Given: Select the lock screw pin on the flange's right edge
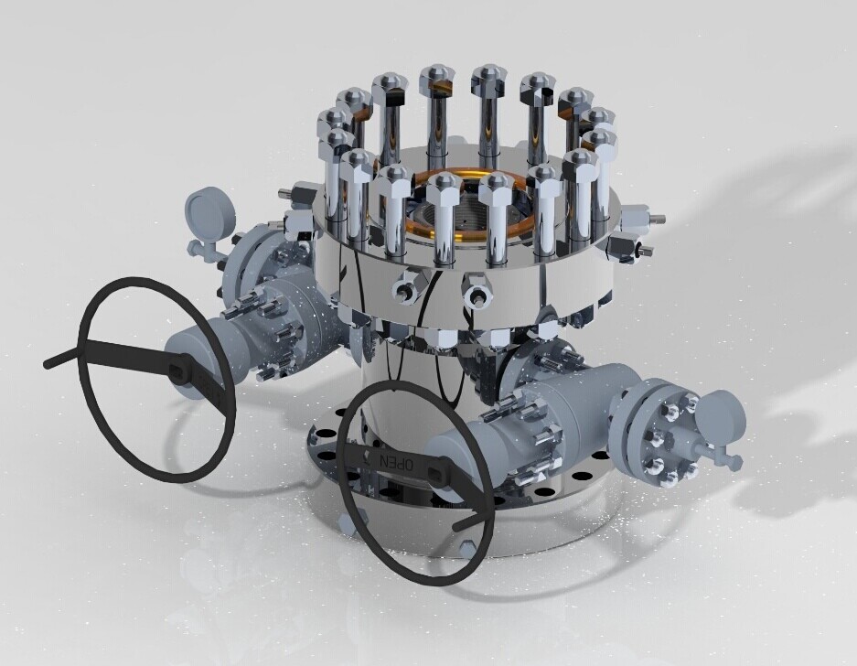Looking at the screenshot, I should click(655, 220).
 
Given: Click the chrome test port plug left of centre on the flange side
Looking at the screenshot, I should click(403, 289).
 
